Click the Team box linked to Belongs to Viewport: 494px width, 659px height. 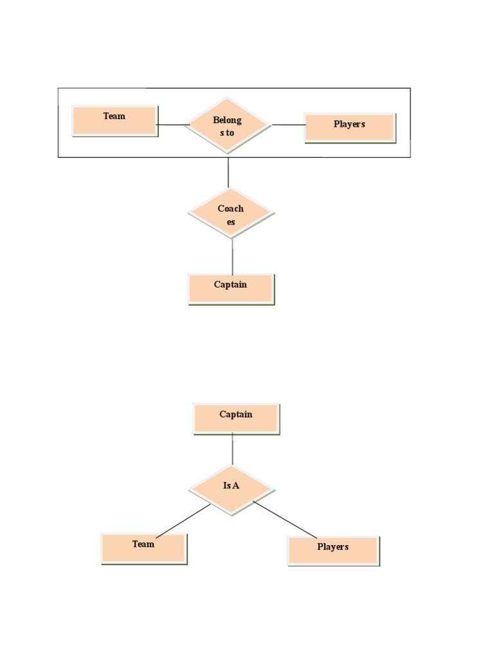tap(114, 121)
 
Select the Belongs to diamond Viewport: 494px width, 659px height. tap(228, 125)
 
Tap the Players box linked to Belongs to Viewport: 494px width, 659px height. tap(349, 127)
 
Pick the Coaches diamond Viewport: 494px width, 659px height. tap(231, 213)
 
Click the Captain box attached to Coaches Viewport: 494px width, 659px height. tap(231, 288)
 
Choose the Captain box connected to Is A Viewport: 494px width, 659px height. tap(236, 418)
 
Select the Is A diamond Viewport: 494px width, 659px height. tap(232, 490)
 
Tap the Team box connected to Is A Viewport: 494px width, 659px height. tap(143, 548)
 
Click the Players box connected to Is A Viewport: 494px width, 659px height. tap(333, 551)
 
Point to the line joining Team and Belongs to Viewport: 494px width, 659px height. tap(171, 125)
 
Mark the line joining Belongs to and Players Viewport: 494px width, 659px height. tap(288, 125)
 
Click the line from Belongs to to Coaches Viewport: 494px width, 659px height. tap(228, 172)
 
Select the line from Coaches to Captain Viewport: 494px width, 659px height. tap(232, 256)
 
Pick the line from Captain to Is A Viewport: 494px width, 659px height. tap(232, 449)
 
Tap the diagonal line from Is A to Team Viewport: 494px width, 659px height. tap(183, 521)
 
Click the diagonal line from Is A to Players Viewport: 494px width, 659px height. tap(285, 519)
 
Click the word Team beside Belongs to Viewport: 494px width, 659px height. tap(114, 116)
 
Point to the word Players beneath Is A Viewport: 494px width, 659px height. tap(333, 547)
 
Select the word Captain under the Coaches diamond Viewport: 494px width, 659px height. tap(230, 284)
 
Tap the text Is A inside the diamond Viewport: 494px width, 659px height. tap(232, 486)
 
